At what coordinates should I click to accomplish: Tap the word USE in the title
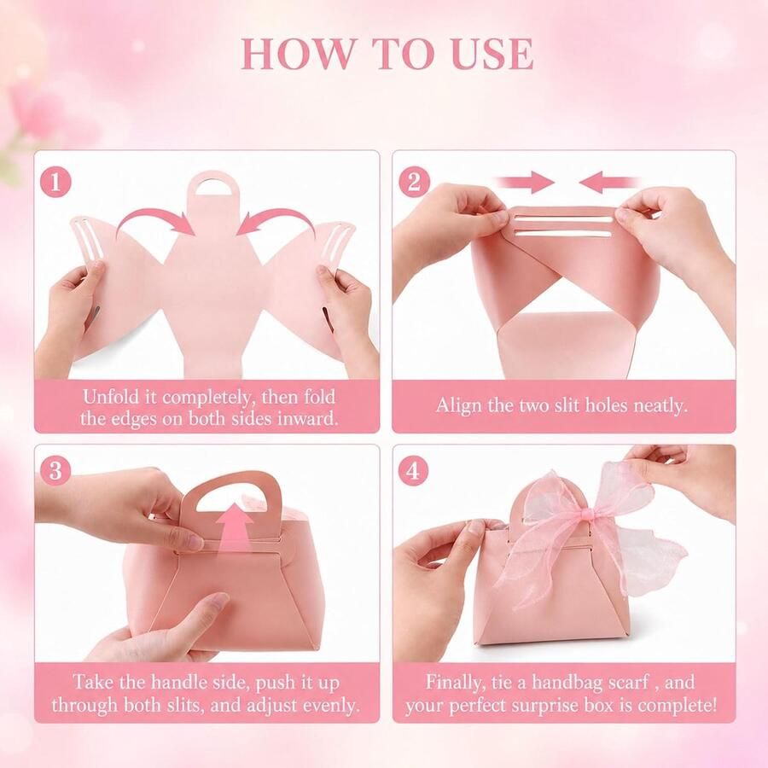[x=492, y=54]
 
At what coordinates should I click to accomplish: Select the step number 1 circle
[x=55, y=182]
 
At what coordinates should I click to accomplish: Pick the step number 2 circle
[x=414, y=182]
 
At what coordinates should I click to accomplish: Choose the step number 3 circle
[x=55, y=470]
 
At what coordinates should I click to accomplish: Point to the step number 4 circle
[x=413, y=470]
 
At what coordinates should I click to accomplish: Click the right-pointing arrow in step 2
[x=525, y=183]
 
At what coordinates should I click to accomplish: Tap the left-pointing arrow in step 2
[x=608, y=183]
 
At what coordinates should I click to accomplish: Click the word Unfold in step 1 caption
[x=108, y=396]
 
